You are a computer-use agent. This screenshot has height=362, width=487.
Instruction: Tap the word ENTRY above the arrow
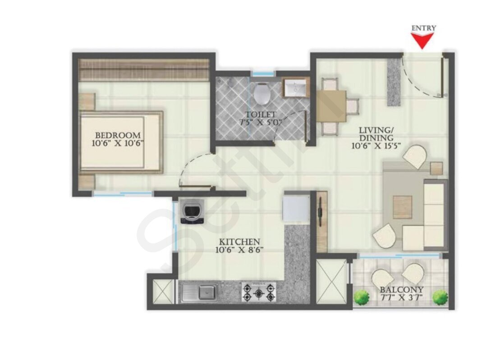(423, 28)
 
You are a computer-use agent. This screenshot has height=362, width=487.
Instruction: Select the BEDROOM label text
(118, 135)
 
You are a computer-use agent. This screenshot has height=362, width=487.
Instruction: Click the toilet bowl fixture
(262, 93)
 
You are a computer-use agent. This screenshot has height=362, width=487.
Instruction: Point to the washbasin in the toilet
(295, 88)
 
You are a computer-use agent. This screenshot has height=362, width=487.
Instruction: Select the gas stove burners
(259, 292)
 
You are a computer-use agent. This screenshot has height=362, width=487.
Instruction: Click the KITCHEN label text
(239, 241)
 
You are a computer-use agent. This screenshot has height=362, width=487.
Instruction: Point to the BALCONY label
(402, 290)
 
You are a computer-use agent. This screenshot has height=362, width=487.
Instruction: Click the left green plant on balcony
(362, 297)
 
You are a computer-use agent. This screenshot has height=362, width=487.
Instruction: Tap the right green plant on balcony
(441, 297)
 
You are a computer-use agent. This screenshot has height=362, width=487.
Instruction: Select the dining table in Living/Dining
(331, 106)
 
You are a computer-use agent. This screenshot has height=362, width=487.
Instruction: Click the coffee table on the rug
(403, 207)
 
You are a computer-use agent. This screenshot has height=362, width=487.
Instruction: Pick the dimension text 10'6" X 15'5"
(376, 145)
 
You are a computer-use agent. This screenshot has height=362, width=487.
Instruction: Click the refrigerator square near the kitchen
(296, 207)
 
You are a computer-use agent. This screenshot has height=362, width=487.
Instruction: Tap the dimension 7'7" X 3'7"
(402, 297)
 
